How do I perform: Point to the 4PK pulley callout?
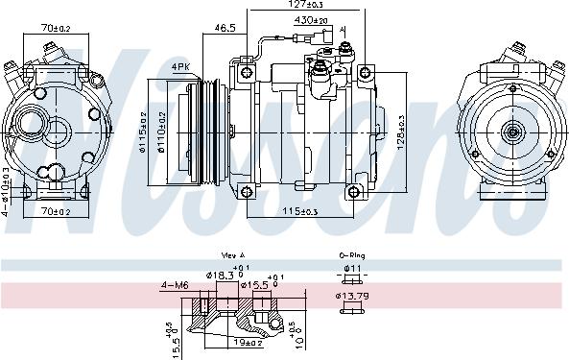pyautogui.click(x=179, y=65)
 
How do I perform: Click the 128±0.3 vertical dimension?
pyautogui.click(x=397, y=132)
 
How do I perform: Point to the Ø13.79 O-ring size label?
pyautogui.click(x=351, y=295)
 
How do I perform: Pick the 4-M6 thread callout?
pyautogui.click(x=175, y=284)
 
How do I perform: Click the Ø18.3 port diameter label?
pyautogui.click(x=221, y=276)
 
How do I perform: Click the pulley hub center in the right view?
pyautogui.click(x=511, y=132)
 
